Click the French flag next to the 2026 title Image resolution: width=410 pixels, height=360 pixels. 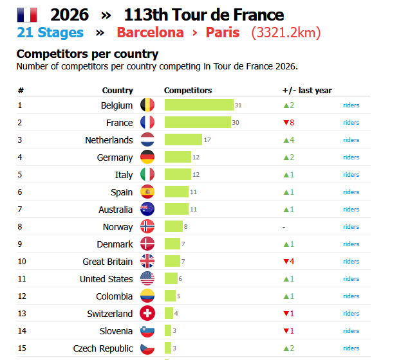click(x=26, y=15)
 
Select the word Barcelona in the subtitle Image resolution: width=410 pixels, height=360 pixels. click(x=150, y=33)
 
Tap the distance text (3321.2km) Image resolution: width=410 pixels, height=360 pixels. click(x=286, y=33)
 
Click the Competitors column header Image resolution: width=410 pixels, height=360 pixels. click(x=188, y=91)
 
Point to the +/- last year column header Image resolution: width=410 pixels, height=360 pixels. click(x=307, y=91)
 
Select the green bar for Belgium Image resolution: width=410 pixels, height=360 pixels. click(x=199, y=105)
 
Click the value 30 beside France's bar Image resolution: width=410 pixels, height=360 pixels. click(x=236, y=123)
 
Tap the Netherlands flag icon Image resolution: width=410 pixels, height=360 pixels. click(x=147, y=139)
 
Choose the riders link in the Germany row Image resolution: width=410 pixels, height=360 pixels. click(x=351, y=157)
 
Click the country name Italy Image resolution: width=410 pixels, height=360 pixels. click(x=124, y=175)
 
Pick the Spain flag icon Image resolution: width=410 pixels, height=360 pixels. click(x=147, y=192)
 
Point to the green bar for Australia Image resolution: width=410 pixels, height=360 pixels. click(x=176, y=209)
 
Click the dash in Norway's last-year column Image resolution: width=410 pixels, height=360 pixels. click(x=284, y=227)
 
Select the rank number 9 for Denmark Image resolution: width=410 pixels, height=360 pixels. click(x=20, y=244)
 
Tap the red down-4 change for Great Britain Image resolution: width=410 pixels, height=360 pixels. click(x=288, y=261)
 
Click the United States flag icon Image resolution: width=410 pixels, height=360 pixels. click(x=147, y=278)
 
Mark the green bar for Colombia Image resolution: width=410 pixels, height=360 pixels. click(x=170, y=296)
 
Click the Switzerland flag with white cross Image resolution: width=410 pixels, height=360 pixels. click(x=147, y=313)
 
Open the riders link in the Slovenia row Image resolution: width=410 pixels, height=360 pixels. click(x=351, y=330)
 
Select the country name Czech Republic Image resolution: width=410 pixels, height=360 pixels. click(x=103, y=348)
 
